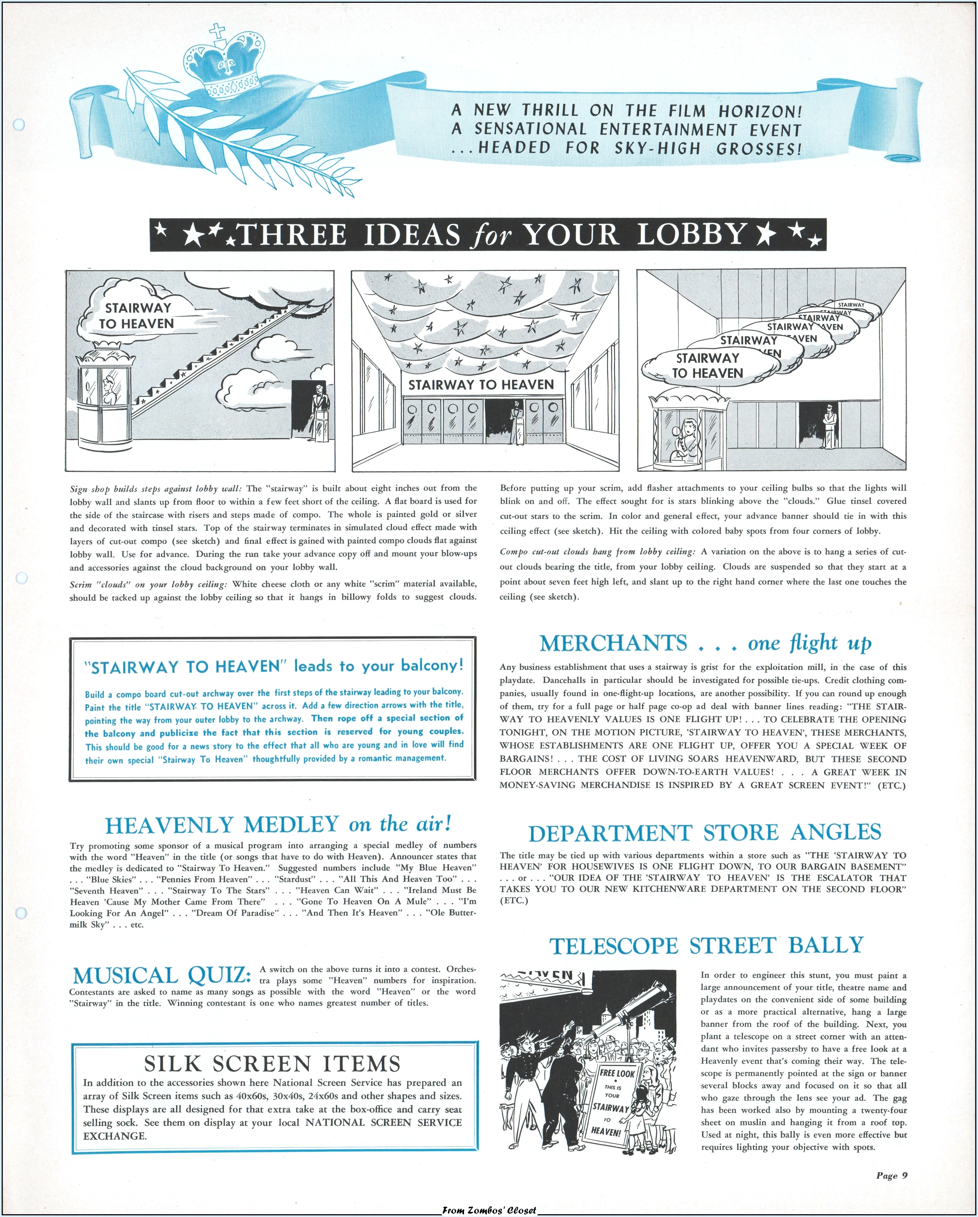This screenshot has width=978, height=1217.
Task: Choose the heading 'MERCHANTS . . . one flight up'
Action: click(x=705, y=643)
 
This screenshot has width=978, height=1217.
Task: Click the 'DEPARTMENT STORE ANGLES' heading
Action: click(x=704, y=833)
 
